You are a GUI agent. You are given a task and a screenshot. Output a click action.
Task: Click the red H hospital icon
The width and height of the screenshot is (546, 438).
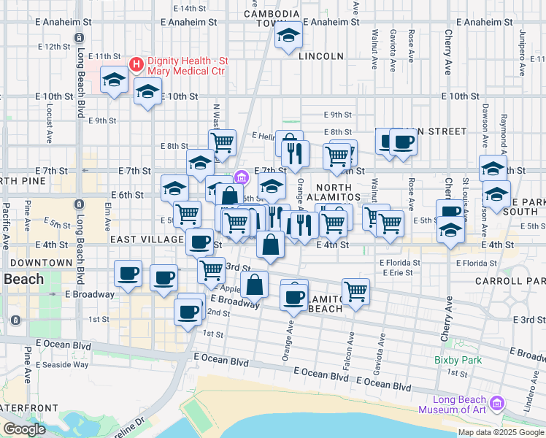click(x=136, y=65)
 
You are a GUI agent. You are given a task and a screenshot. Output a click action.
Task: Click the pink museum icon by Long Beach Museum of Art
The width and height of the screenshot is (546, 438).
click(x=498, y=403)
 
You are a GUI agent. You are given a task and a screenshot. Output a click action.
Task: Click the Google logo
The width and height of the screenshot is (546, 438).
click(x=24, y=429)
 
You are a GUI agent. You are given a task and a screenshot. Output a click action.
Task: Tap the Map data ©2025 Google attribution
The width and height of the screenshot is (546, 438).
click(x=501, y=432)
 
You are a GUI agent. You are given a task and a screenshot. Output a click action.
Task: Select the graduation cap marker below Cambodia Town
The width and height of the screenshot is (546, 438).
click(x=288, y=36)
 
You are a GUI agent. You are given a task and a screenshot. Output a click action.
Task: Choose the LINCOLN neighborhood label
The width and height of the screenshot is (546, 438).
click(x=320, y=55)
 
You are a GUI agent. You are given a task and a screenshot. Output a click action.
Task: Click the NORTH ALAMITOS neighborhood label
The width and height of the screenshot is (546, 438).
click(x=329, y=192)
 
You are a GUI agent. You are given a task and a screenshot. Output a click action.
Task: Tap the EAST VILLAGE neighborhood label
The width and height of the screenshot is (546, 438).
click(x=147, y=239)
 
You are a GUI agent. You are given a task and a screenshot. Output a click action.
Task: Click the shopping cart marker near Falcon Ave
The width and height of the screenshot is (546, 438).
click(x=355, y=291)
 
